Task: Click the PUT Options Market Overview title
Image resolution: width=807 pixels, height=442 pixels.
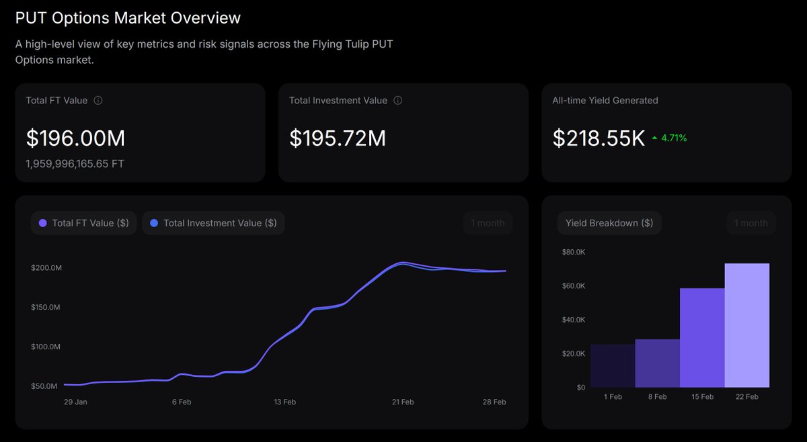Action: click(x=128, y=18)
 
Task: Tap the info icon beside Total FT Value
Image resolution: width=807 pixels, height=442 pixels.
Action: click(x=98, y=101)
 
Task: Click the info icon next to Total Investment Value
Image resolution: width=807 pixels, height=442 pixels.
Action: click(x=397, y=101)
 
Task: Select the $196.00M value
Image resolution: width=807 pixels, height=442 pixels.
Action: click(x=75, y=138)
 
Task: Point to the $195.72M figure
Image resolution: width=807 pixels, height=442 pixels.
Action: click(x=338, y=138)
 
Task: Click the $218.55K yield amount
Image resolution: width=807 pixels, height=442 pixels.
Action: click(x=599, y=138)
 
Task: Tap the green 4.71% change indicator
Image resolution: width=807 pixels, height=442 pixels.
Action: click(x=670, y=138)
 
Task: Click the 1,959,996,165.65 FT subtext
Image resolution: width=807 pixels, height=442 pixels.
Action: click(x=75, y=163)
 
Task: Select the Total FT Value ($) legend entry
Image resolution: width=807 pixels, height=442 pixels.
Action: click(x=84, y=223)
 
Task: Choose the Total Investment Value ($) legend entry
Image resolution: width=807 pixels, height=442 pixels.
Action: click(x=214, y=223)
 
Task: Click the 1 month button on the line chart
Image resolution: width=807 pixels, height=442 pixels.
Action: click(x=488, y=223)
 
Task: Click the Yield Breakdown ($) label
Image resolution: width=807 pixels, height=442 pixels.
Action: click(x=609, y=223)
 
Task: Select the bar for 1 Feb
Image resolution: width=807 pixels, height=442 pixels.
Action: click(x=613, y=366)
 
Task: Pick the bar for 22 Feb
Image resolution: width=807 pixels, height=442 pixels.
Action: click(x=746, y=325)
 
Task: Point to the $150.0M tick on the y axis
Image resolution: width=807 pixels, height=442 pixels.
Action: click(x=46, y=308)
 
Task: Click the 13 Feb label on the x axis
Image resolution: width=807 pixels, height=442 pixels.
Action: click(x=284, y=402)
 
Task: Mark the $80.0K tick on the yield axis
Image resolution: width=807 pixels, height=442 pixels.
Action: click(x=574, y=252)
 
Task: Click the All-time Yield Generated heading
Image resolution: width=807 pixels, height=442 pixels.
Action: click(x=605, y=101)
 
